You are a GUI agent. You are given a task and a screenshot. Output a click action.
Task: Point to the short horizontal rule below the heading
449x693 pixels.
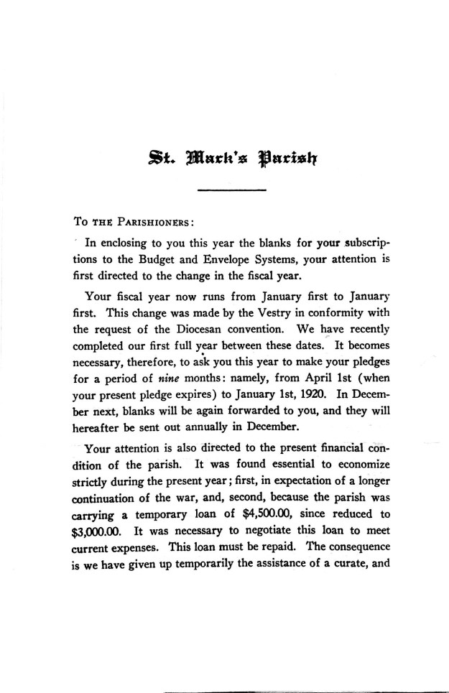pos(231,190)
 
